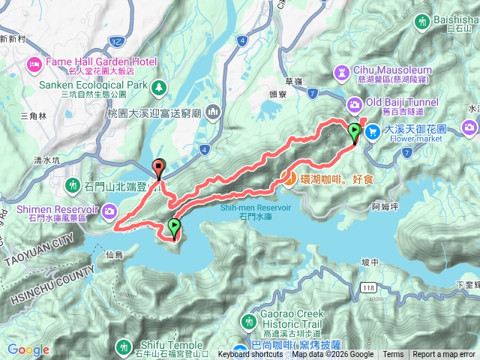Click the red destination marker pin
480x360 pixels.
(158, 168)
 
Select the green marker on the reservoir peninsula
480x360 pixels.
(174, 226)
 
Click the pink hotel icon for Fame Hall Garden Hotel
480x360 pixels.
(34, 64)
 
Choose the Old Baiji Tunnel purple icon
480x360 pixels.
(355, 104)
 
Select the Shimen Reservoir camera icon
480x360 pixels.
(111, 211)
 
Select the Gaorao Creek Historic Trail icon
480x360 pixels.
(249, 321)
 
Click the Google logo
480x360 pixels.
(28, 349)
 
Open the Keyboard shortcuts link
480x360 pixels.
(250, 355)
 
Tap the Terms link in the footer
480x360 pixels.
(393, 355)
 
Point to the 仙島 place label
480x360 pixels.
(114, 255)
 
